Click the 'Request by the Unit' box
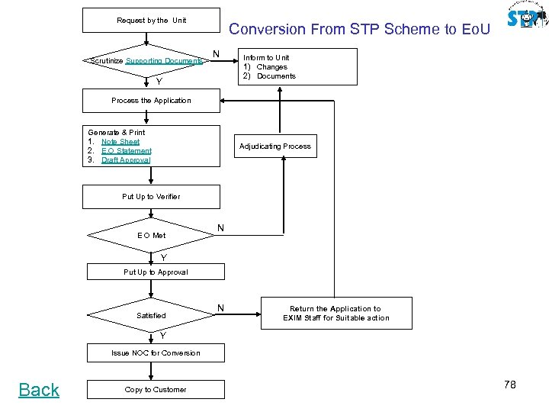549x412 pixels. (x=151, y=21)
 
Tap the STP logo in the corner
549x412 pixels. (x=527, y=16)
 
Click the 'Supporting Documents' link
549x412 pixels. (x=164, y=61)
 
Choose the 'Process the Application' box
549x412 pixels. (x=151, y=101)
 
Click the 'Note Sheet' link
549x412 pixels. (x=120, y=142)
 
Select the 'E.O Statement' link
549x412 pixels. (x=126, y=151)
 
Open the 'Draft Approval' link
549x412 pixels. (x=126, y=160)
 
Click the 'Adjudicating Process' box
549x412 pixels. (x=275, y=146)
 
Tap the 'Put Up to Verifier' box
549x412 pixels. (x=151, y=197)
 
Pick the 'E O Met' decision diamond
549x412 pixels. (x=151, y=235)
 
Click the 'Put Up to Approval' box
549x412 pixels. (x=156, y=272)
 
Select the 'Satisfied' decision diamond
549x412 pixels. (x=151, y=315)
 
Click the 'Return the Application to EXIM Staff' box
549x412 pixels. (x=335, y=314)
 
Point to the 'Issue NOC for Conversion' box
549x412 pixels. (x=156, y=353)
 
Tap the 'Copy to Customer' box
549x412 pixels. (x=156, y=390)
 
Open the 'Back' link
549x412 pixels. (x=39, y=390)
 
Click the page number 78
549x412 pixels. (x=509, y=385)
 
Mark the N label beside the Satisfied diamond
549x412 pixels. (x=220, y=308)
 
